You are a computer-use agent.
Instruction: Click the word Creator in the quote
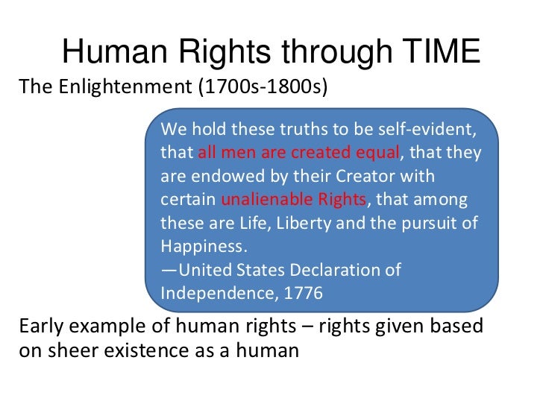coord(368,177)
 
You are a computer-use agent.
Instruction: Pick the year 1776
coord(303,293)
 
